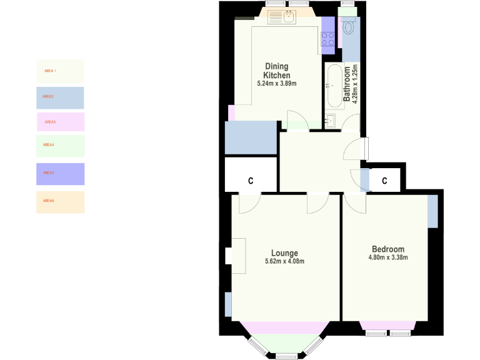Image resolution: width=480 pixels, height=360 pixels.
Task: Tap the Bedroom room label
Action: point(387,249)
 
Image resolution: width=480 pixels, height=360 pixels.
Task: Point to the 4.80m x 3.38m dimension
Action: point(387,257)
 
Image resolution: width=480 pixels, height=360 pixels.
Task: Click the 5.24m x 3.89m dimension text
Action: point(276,83)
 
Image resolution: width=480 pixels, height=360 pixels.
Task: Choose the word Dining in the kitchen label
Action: point(277,66)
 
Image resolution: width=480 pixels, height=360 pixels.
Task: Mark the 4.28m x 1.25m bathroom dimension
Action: point(355,84)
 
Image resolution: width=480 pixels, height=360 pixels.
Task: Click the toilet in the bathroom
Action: point(349,27)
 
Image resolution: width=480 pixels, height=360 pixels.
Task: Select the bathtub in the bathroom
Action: point(332,86)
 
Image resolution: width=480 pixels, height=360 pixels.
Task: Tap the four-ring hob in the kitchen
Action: point(328,39)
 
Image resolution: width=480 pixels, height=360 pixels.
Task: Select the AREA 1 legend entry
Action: point(60,71)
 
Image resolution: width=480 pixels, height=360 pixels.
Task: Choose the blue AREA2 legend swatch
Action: point(60,97)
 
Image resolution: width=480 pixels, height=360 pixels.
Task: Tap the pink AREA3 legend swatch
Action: point(60,122)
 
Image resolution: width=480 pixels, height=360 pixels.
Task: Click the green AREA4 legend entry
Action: point(60,145)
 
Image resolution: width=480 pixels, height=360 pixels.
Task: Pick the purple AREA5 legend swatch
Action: point(60,173)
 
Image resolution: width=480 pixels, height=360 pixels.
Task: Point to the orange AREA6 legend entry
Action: point(60,201)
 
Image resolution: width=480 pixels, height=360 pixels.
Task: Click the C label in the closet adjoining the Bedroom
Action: point(385,181)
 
